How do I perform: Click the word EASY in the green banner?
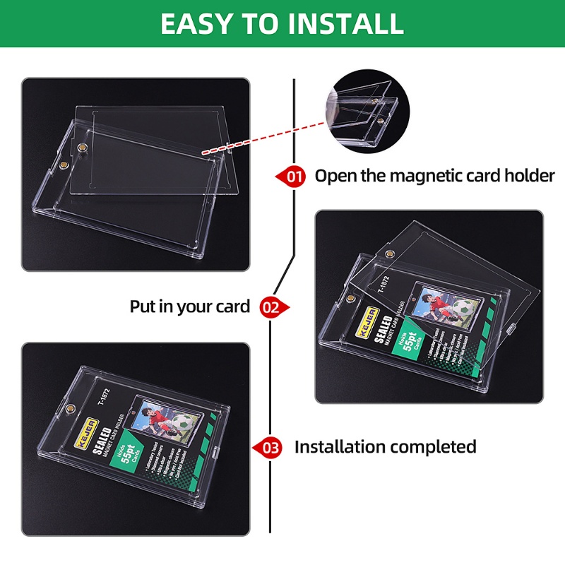pyautogui.click(x=196, y=23)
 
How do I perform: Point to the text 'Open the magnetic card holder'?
pyautogui.click(x=434, y=176)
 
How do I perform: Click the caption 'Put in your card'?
pyautogui.click(x=189, y=307)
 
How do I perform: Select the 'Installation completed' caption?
pyautogui.click(x=385, y=447)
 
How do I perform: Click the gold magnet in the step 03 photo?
pyautogui.click(x=70, y=410)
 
